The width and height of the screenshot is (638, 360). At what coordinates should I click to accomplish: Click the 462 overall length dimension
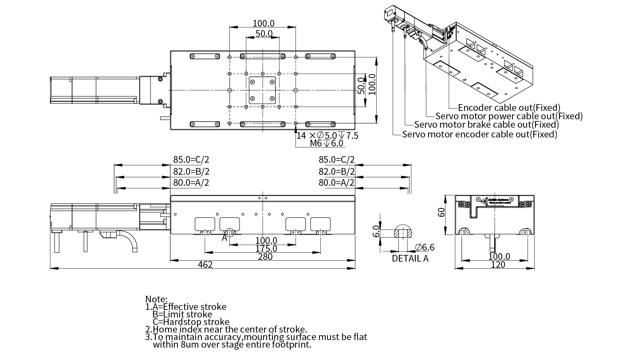pyautogui.click(x=205, y=265)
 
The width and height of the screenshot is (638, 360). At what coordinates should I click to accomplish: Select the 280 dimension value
pyautogui.click(x=265, y=257)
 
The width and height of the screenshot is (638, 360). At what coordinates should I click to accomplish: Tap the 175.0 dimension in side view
pyautogui.click(x=266, y=249)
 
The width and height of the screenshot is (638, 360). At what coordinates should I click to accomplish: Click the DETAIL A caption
pyautogui.click(x=410, y=258)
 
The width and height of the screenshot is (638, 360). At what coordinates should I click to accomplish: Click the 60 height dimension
pyautogui.click(x=441, y=212)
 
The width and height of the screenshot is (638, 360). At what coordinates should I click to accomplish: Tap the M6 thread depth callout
pyautogui.click(x=326, y=143)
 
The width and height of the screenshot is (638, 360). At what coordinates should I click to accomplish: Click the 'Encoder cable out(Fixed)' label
pyautogui.click(x=509, y=107)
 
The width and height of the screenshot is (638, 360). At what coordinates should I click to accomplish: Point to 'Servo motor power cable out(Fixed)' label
pyautogui.click(x=509, y=116)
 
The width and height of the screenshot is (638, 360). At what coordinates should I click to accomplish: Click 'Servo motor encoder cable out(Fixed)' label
pyautogui.click(x=479, y=134)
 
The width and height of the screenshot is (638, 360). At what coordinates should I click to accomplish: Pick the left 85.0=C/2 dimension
pyautogui.click(x=191, y=160)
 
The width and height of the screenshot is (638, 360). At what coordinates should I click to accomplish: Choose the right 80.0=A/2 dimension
pyautogui.click(x=336, y=183)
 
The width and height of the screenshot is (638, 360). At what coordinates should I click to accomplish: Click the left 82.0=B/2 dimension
pyautogui.click(x=191, y=172)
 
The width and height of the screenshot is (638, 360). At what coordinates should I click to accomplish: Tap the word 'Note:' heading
pyautogui.click(x=157, y=299)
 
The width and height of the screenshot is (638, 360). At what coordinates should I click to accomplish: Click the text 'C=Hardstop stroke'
pyautogui.click(x=191, y=322)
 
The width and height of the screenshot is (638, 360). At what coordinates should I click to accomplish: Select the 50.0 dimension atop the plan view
pyautogui.click(x=264, y=34)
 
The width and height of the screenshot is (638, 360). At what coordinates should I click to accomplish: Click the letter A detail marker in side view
pyautogui.click(x=224, y=238)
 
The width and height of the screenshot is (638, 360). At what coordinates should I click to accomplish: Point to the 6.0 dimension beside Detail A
pyautogui.click(x=376, y=231)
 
